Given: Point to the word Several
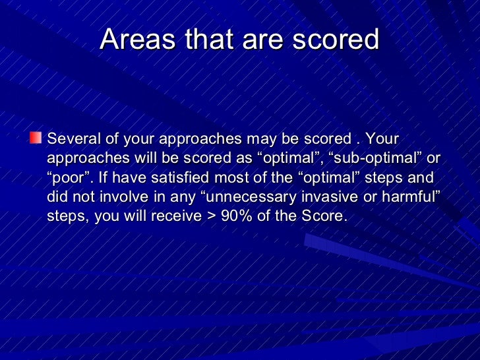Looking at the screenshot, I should click(x=71, y=140).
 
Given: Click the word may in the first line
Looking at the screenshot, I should click(x=260, y=140).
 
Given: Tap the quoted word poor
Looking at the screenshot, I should click(x=71, y=178).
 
